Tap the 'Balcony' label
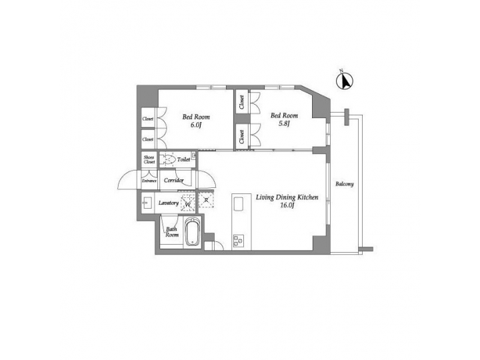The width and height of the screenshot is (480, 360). (344, 184)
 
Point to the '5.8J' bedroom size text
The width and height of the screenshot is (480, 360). (283, 124)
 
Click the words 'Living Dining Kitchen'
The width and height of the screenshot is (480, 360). (287, 197)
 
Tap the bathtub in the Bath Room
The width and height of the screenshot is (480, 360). (192, 233)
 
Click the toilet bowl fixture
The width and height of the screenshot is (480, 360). (167, 160)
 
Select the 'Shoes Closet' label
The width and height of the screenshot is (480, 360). (148, 160)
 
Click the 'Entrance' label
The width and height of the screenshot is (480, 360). (148, 181)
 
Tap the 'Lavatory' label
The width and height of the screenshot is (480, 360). (169, 203)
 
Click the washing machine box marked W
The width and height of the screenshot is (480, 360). (189, 203)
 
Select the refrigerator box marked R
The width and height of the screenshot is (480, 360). (207, 201)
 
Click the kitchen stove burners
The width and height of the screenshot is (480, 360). (239, 241)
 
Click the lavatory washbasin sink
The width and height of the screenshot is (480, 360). (147, 203)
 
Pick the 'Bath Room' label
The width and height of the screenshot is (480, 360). (172, 233)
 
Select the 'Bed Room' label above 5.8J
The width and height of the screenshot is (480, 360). (283, 115)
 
